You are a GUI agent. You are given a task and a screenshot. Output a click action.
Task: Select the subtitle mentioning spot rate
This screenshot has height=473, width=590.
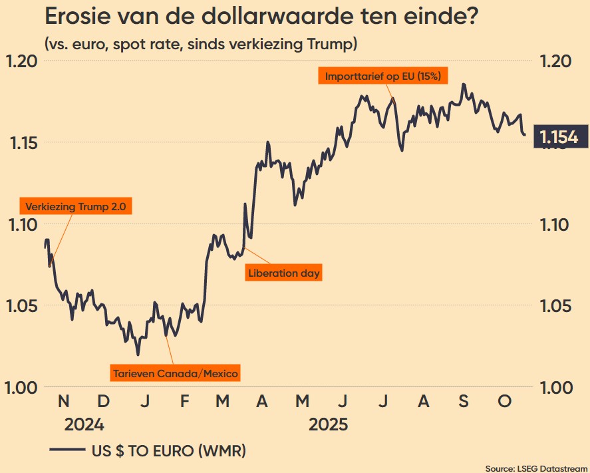click(x=202, y=45)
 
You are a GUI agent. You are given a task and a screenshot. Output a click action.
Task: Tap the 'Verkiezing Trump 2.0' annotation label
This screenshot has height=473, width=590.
click(x=75, y=207)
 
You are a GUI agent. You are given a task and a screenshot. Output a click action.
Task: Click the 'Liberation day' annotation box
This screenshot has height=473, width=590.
click(x=284, y=273)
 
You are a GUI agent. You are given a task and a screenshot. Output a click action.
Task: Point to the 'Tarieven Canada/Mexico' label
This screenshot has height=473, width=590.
click(x=175, y=373)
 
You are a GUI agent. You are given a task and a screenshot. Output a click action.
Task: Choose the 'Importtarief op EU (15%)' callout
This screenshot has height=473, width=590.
click(x=382, y=76)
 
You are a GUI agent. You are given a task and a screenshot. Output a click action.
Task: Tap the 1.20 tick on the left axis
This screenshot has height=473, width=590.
click(x=21, y=61)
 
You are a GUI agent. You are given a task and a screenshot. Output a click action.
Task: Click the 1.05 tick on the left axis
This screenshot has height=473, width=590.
click(x=21, y=306)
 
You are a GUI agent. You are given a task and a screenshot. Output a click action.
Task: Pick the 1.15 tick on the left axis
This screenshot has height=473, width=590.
click(x=21, y=143)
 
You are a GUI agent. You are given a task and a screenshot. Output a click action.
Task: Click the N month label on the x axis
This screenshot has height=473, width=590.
click(x=63, y=401)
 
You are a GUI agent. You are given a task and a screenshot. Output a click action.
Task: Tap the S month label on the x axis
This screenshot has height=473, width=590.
click(x=464, y=401)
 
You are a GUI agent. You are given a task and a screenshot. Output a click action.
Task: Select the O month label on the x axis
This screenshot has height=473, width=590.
click(x=505, y=401)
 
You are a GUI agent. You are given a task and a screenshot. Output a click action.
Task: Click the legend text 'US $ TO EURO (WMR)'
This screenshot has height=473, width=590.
click(x=168, y=450)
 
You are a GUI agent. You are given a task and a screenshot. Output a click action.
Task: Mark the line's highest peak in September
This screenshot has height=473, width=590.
click(x=463, y=84)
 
